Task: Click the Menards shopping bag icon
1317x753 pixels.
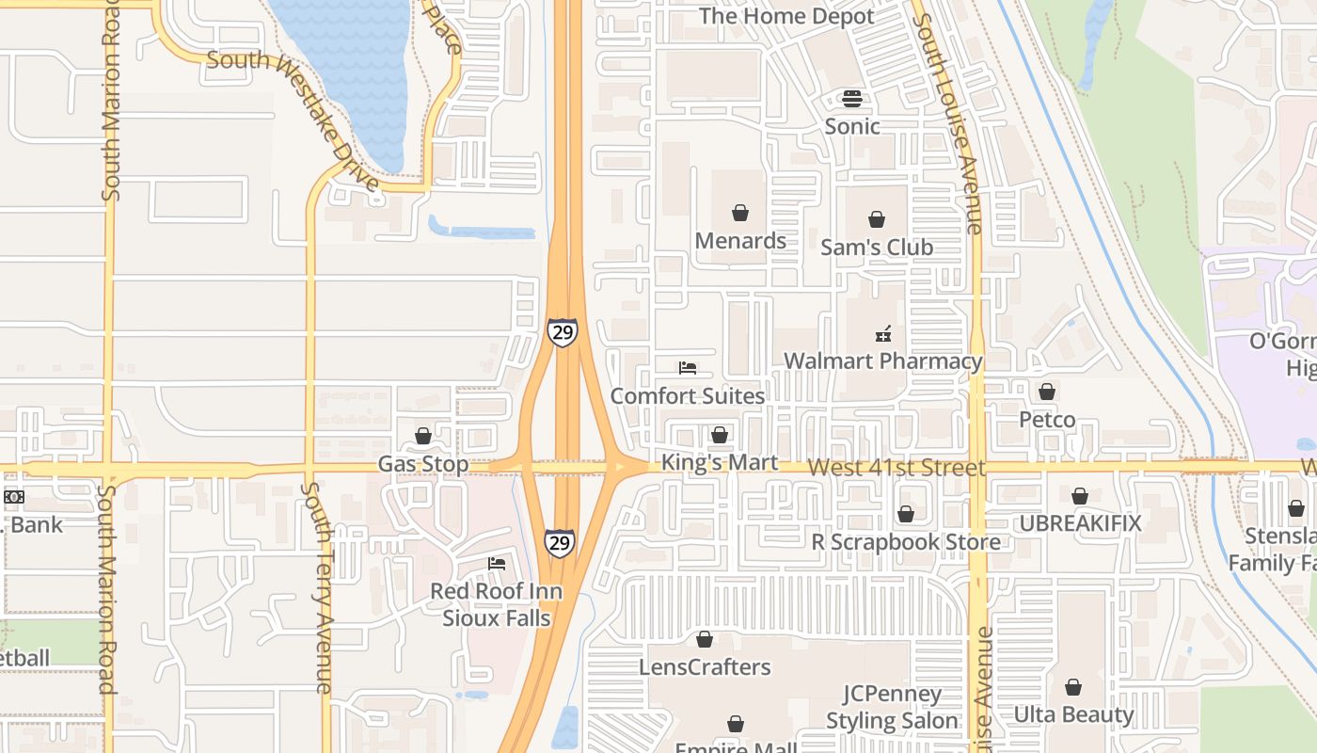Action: (x=740, y=213)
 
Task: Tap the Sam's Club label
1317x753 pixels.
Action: (x=876, y=248)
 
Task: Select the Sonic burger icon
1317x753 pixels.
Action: (x=852, y=99)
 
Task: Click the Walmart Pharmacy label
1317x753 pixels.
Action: (x=882, y=361)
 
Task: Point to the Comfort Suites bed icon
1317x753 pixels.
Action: (x=688, y=368)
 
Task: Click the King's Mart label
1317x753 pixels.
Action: (x=720, y=462)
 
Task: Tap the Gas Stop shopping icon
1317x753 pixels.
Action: (x=423, y=436)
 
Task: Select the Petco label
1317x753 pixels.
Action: (x=1047, y=420)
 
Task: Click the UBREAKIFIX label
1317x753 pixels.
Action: (x=1080, y=524)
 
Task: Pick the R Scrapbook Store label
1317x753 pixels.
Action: (x=906, y=542)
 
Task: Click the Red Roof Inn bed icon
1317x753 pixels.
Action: (x=497, y=564)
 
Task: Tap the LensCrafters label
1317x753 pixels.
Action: (x=705, y=667)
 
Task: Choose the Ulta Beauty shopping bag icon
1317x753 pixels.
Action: (x=1073, y=688)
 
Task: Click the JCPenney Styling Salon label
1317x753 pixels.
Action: (x=892, y=708)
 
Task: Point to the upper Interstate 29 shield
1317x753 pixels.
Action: (x=562, y=332)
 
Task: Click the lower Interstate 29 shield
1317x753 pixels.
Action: (x=559, y=542)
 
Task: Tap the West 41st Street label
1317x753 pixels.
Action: (x=896, y=468)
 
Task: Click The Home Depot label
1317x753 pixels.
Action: (x=786, y=17)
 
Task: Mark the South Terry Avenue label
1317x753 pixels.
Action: (x=318, y=587)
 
